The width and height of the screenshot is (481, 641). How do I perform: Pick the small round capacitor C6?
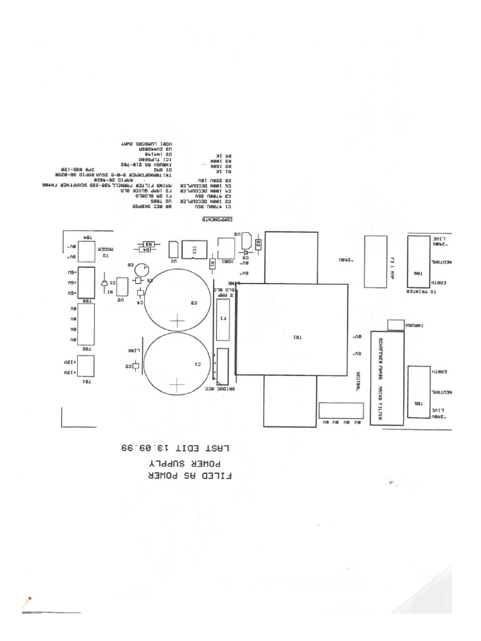point(144,269)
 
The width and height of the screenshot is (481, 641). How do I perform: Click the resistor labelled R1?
point(212,264)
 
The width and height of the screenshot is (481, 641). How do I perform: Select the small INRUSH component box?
point(396,324)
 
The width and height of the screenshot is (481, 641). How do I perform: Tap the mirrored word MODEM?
point(110,257)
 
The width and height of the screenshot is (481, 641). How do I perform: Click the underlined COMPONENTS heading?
point(217,220)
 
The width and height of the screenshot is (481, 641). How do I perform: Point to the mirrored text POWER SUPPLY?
point(190,462)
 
